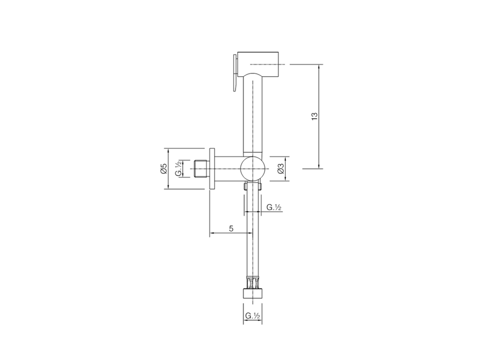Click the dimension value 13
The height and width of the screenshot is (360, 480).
[x=314, y=116]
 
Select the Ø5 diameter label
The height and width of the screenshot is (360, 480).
[x=163, y=169]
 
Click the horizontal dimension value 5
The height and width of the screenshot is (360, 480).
[x=231, y=228]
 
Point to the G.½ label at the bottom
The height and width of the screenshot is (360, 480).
[x=253, y=316]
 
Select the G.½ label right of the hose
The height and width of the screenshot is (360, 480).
[x=274, y=207]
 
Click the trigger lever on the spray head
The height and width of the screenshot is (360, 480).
[x=234, y=73]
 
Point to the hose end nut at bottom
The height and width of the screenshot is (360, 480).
[x=253, y=293]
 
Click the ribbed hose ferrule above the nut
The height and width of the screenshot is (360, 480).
[x=253, y=282]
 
